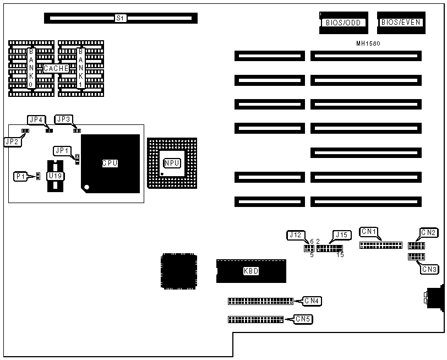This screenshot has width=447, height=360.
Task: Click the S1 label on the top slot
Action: [x=121, y=18]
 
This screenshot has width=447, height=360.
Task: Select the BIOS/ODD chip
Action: [x=343, y=23]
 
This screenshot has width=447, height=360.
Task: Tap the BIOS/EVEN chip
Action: [x=401, y=23]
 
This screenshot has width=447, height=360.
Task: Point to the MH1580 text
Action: [x=368, y=42]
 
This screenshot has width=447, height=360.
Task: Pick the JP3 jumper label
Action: [x=64, y=119]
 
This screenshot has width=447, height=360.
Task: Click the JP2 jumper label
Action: [x=12, y=141]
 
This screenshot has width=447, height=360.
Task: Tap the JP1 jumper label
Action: [x=62, y=150]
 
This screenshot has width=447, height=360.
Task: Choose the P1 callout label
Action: [x=20, y=176]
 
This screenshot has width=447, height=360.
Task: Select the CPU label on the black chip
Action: [x=110, y=163]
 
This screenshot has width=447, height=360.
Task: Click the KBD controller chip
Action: [x=250, y=271]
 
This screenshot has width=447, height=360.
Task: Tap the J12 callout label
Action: [x=295, y=236]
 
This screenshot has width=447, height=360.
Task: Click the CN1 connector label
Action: [x=368, y=231]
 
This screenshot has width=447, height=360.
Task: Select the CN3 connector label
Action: [x=429, y=269]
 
